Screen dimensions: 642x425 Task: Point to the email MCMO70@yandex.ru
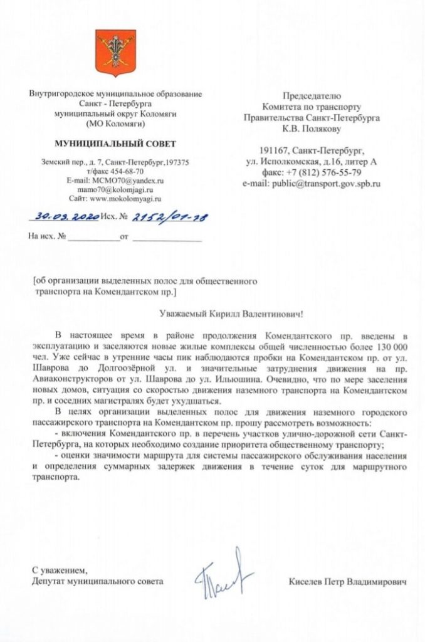[133, 180]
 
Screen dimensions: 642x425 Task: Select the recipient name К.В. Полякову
[311, 129]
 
